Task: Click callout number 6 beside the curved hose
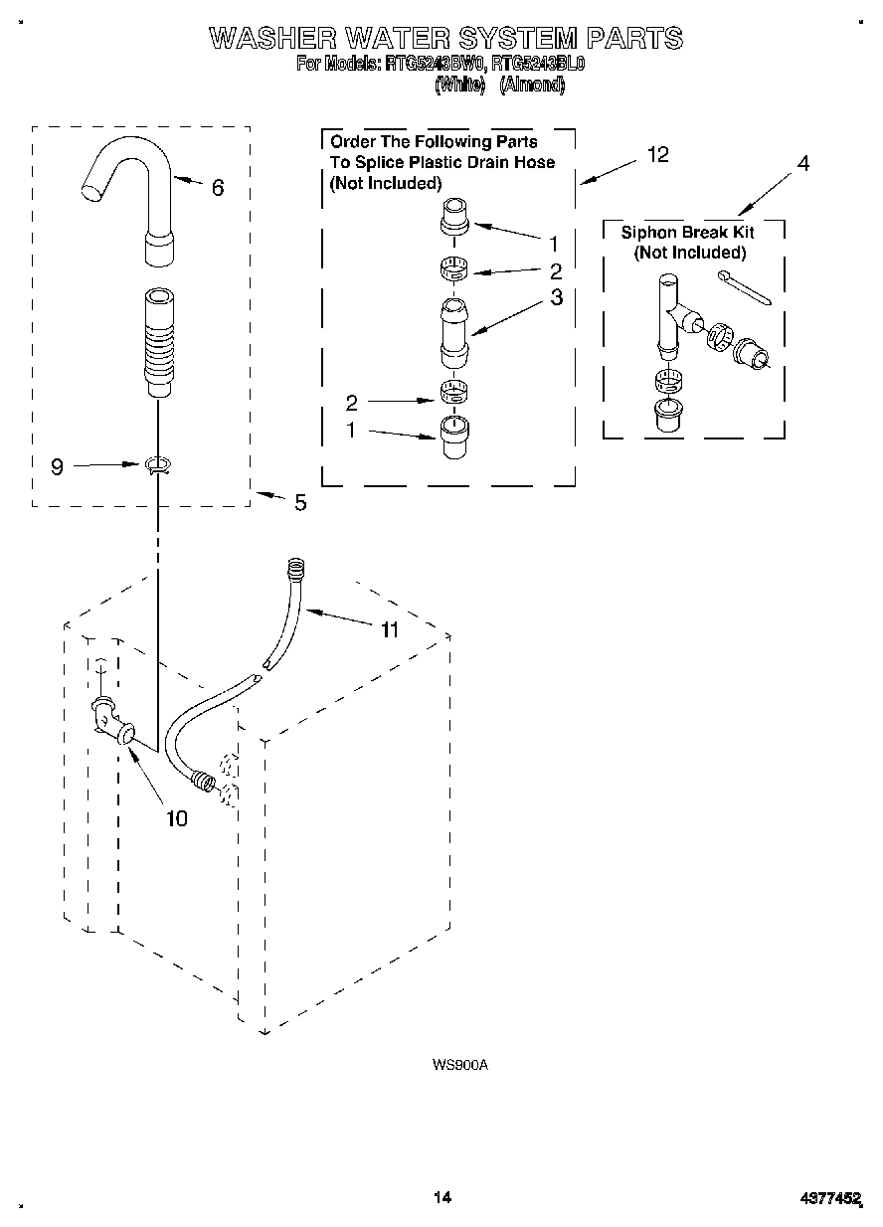point(218,186)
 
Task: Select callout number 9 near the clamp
point(58,465)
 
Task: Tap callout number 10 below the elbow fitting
point(176,818)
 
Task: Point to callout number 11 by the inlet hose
point(389,629)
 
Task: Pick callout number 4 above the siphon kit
point(802,163)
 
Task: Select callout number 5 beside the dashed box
point(300,503)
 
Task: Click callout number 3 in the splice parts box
point(556,297)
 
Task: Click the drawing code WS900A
point(459,1065)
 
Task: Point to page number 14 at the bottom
point(442,1197)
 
